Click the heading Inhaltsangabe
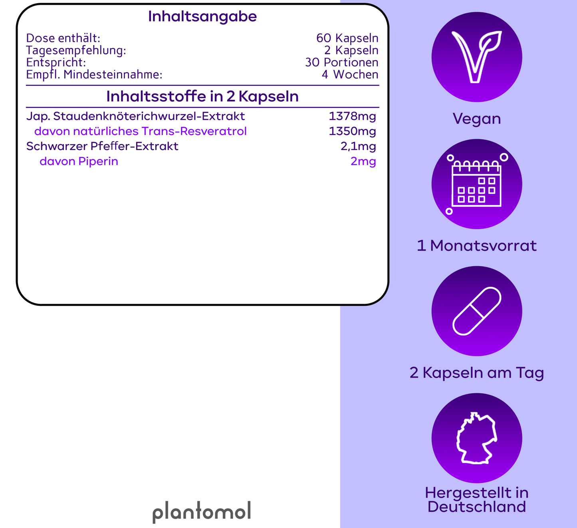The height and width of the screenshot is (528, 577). pos(202,17)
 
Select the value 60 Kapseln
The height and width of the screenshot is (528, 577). pos(347,38)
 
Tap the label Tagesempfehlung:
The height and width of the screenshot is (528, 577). pos(76,51)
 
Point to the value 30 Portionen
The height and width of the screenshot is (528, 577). pos(342,62)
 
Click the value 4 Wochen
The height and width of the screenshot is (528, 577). pos(350,75)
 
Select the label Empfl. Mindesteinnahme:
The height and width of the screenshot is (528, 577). pos(94,75)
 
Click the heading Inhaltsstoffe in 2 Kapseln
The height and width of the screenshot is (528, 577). pos(202,96)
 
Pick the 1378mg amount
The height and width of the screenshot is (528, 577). pos(352,117)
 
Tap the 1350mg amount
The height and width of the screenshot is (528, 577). pos(352,131)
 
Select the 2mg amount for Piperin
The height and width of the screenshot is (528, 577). pos(363,162)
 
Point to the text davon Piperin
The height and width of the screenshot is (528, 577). pos(79,162)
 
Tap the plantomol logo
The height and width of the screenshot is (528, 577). pos(202,512)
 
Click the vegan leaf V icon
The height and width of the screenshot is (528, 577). pos(477,57)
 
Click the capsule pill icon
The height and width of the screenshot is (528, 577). pos(477,311)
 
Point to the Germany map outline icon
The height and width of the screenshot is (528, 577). pos(477,438)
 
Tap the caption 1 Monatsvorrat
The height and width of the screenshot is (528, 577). pos(477,246)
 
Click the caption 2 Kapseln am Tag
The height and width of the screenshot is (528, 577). pos(477,373)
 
